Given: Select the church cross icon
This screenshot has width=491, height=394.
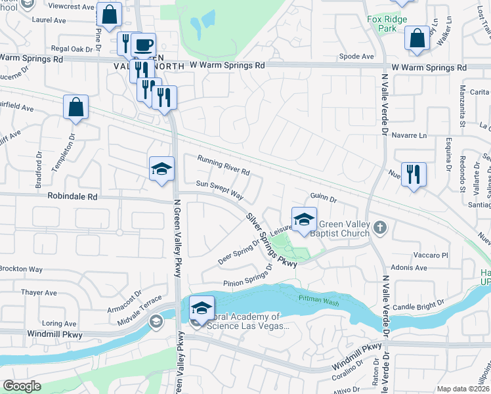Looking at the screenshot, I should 380,228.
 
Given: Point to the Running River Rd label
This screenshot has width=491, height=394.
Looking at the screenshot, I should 224,165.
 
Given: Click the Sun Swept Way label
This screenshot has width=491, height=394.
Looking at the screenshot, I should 219,191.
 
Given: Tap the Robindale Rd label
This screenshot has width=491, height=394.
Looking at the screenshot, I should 72,196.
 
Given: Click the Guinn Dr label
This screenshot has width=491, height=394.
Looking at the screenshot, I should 323,197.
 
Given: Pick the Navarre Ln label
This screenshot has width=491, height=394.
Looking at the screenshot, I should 414,135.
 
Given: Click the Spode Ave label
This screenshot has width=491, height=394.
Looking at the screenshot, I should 358,56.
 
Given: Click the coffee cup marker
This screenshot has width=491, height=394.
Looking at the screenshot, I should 143,46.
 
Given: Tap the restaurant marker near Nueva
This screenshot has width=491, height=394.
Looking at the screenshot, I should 414,175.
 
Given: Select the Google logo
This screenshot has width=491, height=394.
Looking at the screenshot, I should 22,386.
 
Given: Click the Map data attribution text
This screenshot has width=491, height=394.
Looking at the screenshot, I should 463,389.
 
